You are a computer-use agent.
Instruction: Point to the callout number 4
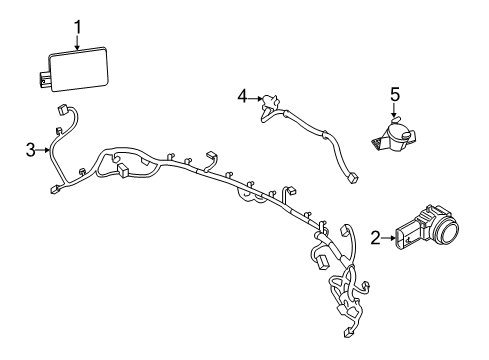[x=241, y=97]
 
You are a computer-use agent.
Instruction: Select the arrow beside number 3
[x=46, y=151]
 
